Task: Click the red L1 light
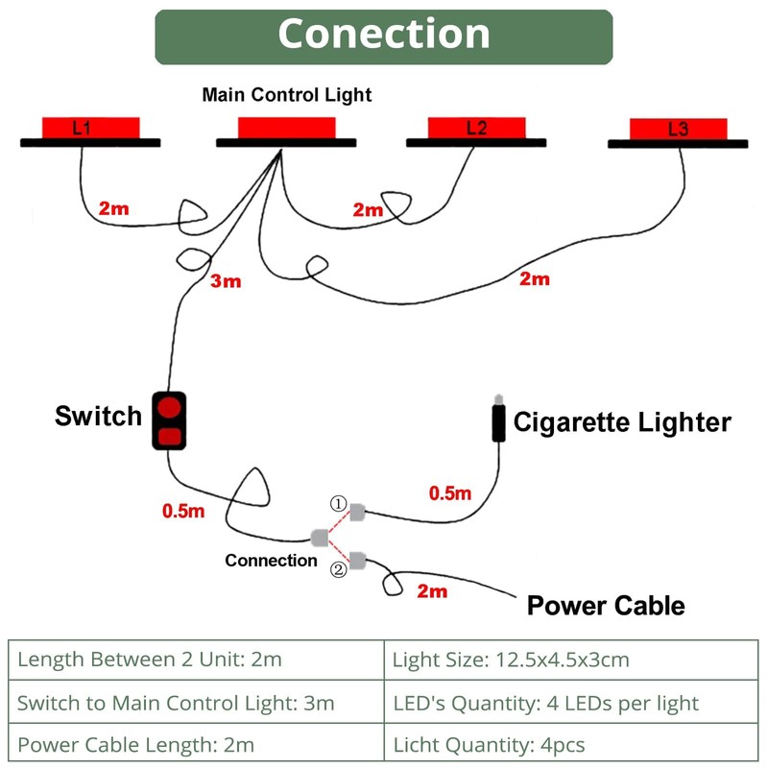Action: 90,128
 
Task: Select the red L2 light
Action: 476,128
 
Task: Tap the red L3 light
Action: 679,129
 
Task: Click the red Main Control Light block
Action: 286,128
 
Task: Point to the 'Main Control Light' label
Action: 287,95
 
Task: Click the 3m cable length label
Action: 226,281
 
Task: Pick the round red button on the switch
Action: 169,407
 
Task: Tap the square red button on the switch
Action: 170,436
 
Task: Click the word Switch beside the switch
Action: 98,416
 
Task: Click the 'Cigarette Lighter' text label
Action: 622,422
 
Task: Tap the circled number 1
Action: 339,503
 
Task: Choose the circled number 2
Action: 339,569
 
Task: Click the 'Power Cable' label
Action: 606,606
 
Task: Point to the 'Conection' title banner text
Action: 384,34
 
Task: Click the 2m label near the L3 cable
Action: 535,278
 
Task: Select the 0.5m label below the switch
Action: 183,511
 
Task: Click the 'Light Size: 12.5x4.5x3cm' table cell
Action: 571,660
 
